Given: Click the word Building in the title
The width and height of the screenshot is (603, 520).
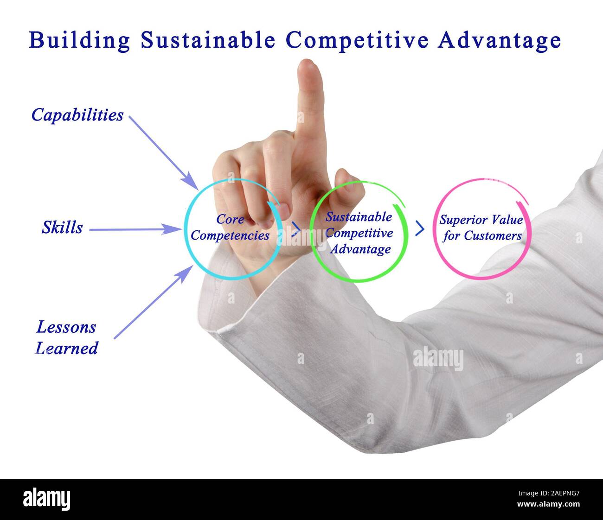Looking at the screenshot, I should coord(79,40).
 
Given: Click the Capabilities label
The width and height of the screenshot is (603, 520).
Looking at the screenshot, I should coord(77,115).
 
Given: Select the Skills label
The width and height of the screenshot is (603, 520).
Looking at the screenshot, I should coord(62,228).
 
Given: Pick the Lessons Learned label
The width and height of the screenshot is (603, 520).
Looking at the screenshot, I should coord(67,337).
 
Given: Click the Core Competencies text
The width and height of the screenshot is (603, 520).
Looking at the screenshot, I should coord(230,228).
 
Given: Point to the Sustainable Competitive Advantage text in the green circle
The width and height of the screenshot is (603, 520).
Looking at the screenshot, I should coord(359,233).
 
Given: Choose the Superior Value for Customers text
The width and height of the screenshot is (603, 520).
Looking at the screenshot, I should coord(481,228).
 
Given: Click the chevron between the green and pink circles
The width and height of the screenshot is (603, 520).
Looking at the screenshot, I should coord(419,228).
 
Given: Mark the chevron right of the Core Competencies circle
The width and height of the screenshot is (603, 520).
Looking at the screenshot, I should coord(295,229).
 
